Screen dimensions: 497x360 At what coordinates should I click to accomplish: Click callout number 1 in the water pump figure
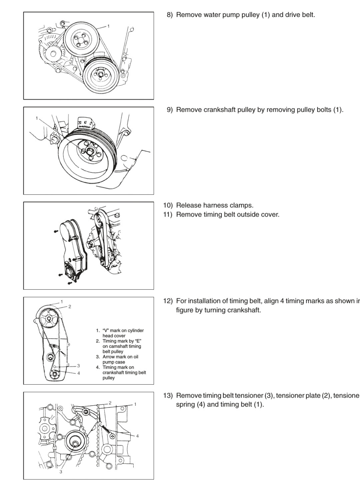pyautogui.click(x=108, y=26)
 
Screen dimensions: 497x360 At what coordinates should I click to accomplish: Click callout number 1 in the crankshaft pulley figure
pyautogui.click(x=37, y=118)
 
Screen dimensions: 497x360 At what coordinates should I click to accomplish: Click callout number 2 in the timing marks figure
pyautogui.click(x=69, y=306)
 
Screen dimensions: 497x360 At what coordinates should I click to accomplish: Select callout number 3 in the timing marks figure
pyautogui.click(x=78, y=366)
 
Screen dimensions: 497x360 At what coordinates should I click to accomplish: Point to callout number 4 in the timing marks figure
pyautogui.click(x=78, y=373)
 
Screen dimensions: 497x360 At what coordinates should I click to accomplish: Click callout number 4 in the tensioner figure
pyautogui.click(x=137, y=436)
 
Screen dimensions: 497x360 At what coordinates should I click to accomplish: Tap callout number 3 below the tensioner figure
pyautogui.click(x=61, y=472)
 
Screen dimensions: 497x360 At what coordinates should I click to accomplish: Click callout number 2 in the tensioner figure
pyautogui.click(x=110, y=403)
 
